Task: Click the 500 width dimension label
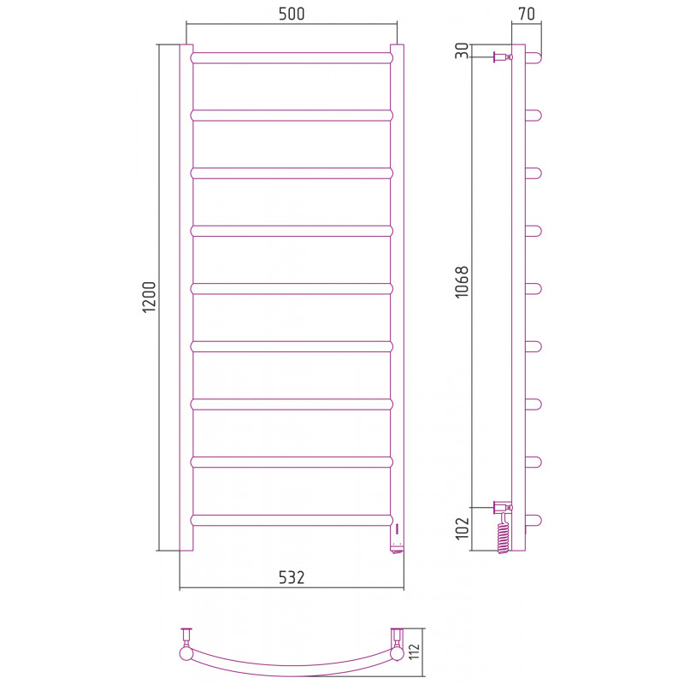coord(292,14)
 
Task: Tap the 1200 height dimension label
coord(149,297)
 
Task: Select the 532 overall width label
coord(292,577)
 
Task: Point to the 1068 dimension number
coord(462,282)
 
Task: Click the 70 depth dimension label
coord(527,14)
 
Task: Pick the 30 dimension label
coord(462,50)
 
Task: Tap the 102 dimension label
coord(462,528)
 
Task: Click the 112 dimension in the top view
coord(415,652)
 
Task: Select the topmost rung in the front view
coord(292,58)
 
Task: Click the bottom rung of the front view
coord(292,520)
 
